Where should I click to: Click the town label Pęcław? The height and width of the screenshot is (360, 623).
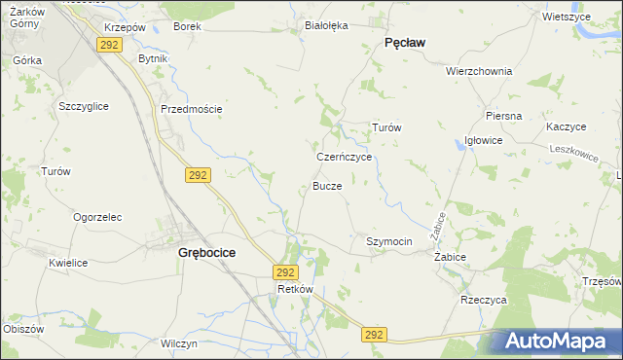click(410, 43)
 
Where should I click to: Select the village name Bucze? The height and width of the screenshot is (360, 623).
click(327, 186)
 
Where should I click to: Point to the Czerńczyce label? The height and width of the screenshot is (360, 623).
click(345, 156)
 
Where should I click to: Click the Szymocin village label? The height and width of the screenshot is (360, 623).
click(389, 241)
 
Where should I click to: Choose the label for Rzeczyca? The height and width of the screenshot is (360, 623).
click(484, 301)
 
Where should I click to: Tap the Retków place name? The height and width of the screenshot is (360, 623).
click(294, 290)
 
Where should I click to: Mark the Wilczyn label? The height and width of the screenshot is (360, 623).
click(180, 344)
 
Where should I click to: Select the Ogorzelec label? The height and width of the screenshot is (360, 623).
click(96, 217)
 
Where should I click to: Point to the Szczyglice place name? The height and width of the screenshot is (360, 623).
click(84, 105)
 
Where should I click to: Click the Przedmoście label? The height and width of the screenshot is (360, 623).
click(192, 109)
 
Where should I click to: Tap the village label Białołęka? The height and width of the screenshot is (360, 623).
click(326, 26)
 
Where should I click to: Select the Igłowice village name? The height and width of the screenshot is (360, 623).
click(483, 140)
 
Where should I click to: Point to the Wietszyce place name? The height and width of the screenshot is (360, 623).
click(567, 17)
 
